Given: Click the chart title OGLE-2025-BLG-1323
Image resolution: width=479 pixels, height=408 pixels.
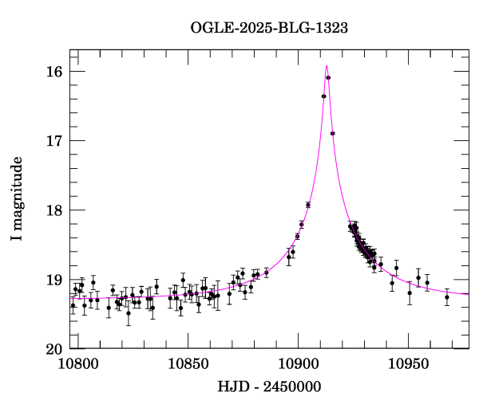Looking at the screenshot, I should (x=269, y=28).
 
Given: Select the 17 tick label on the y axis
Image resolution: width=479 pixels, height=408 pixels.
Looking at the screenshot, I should (x=55, y=141).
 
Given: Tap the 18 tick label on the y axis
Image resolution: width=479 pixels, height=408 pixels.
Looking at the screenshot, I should (x=55, y=210).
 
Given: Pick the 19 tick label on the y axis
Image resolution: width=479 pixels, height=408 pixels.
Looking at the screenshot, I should (x=55, y=280).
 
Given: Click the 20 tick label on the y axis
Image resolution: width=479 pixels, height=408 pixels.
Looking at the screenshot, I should (x=55, y=349).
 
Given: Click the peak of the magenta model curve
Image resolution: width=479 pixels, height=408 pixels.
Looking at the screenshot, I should (x=327, y=66).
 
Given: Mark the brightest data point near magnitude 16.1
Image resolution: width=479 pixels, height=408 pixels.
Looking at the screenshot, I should (x=328, y=77).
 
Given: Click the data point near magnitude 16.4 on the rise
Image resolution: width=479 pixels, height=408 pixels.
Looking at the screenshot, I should (x=323, y=96).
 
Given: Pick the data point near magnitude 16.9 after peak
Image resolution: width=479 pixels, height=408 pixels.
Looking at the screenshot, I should (x=333, y=133).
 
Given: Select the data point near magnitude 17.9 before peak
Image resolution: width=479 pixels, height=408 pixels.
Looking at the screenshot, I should (x=308, y=205).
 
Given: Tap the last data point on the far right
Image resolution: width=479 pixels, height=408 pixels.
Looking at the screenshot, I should (x=447, y=297).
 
